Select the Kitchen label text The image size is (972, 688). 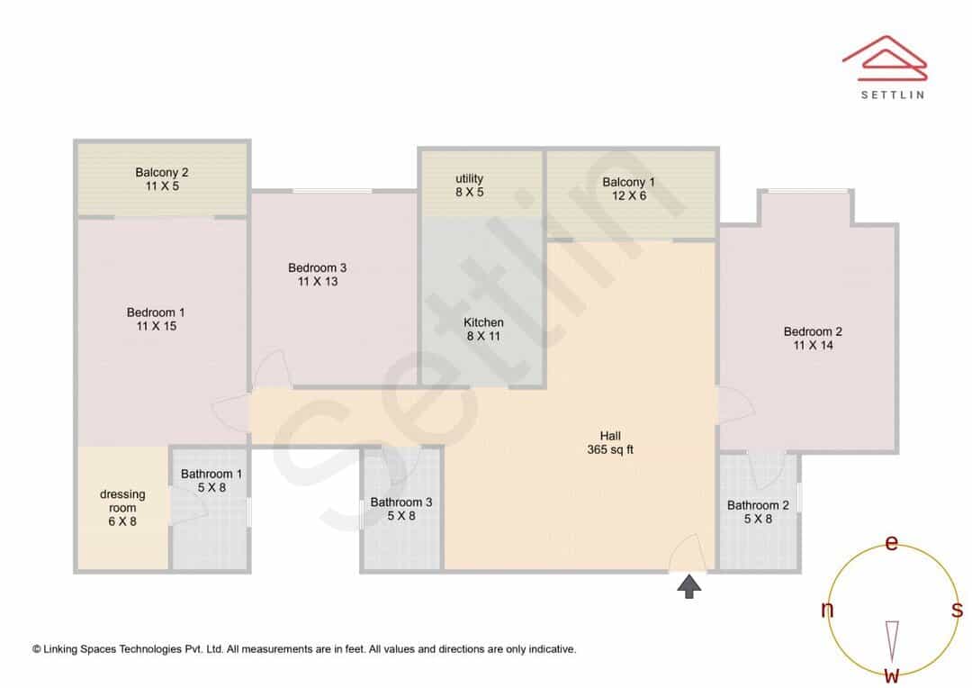483,322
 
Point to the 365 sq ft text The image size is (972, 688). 610,449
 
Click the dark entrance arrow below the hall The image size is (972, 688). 688,586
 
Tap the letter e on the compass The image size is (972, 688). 891,542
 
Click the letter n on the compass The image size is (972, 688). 827,610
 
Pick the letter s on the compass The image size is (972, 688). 957,610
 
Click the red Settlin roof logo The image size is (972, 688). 885,58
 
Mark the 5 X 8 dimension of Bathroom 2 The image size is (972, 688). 758,519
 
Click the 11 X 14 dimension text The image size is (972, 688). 814,345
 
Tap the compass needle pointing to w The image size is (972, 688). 892,641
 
